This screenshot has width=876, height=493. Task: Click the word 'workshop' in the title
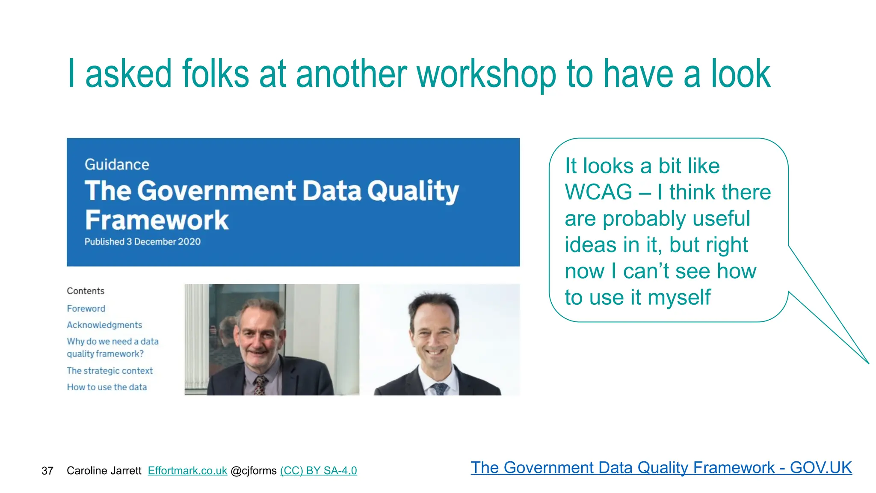(486, 75)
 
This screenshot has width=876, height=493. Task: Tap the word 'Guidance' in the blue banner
(117, 165)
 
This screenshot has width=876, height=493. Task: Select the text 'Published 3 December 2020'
(142, 242)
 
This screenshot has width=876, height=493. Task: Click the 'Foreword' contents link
(86, 309)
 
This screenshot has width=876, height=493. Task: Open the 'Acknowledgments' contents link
(104, 325)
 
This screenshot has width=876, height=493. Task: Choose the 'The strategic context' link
(109, 371)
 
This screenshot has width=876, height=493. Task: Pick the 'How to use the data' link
(107, 387)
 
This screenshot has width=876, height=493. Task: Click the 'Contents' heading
(86, 291)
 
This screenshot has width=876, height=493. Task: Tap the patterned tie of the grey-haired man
(260, 385)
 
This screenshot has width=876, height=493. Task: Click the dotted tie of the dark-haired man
(439, 389)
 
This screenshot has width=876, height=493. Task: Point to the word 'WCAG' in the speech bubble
(598, 192)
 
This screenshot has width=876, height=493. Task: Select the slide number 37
(47, 471)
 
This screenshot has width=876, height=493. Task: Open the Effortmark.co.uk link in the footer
(187, 471)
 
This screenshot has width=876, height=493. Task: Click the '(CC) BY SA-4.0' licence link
(318, 471)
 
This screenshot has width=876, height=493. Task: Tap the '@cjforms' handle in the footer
(254, 471)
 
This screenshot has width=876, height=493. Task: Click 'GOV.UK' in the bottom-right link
(820, 468)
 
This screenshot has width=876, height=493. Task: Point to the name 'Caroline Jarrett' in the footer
(104, 471)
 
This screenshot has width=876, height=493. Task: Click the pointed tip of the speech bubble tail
(868, 363)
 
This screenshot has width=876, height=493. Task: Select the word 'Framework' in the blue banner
(157, 220)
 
